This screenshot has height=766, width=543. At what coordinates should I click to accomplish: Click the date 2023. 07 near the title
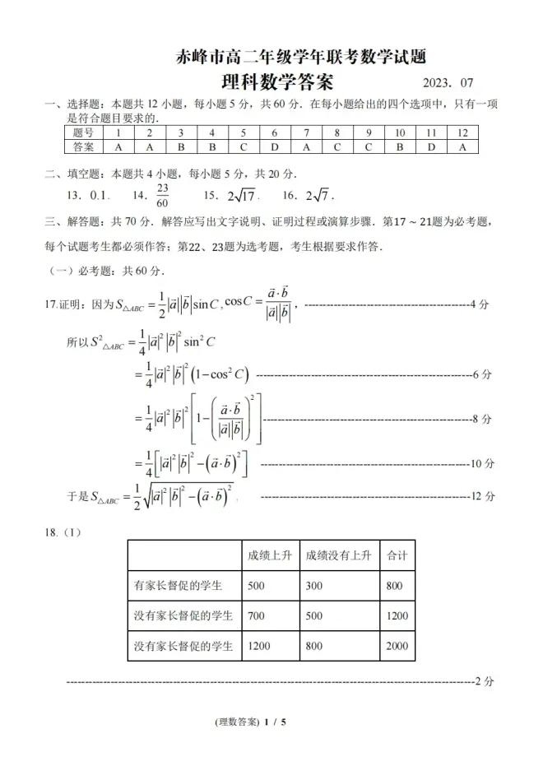[448, 83]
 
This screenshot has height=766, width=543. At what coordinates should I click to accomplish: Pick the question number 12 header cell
[462, 132]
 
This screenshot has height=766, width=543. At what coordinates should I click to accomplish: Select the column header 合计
[397, 555]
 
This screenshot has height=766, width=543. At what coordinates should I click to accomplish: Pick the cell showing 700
[256, 615]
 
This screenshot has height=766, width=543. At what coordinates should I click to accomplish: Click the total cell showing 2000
[397, 646]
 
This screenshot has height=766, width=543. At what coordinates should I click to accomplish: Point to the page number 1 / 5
[274, 722]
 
